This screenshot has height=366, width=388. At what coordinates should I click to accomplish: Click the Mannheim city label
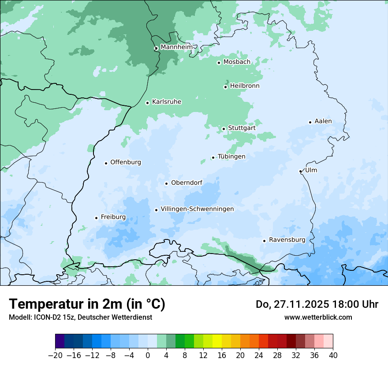(176, 47)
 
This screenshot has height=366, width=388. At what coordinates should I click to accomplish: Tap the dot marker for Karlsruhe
(148, 103)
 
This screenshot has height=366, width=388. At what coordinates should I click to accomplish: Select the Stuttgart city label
(242, 128)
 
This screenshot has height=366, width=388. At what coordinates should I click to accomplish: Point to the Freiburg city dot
(96, 218)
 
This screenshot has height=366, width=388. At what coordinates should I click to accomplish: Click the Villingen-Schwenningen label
(197, 209)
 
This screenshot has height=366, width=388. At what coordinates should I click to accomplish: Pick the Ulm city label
(311, 170)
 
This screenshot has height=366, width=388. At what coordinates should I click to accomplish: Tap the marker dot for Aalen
(310, 122)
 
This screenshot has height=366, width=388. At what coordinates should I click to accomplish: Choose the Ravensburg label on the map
(287, 240)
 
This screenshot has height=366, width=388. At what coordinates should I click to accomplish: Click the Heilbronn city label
(245, 86)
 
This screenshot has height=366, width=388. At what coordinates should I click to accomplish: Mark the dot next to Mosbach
(219, 63)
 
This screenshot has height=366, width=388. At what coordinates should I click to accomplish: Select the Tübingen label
(231, 157)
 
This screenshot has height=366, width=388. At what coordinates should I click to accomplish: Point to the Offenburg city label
(126, 162)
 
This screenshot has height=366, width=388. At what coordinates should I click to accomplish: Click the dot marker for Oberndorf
(166, 183)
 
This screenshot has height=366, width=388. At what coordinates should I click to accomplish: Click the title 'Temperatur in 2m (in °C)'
(87, 304)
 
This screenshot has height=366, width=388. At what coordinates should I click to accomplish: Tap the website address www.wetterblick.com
(318, 317)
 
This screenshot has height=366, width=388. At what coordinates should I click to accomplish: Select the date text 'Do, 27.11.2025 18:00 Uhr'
(317, 304)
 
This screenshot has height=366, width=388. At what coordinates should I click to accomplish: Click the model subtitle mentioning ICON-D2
(80, 317)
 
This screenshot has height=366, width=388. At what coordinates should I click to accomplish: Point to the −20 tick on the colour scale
(56, 355)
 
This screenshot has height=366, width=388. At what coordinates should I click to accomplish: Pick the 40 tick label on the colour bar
(333, 355)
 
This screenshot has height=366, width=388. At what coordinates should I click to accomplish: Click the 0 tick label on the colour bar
(148, 355)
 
